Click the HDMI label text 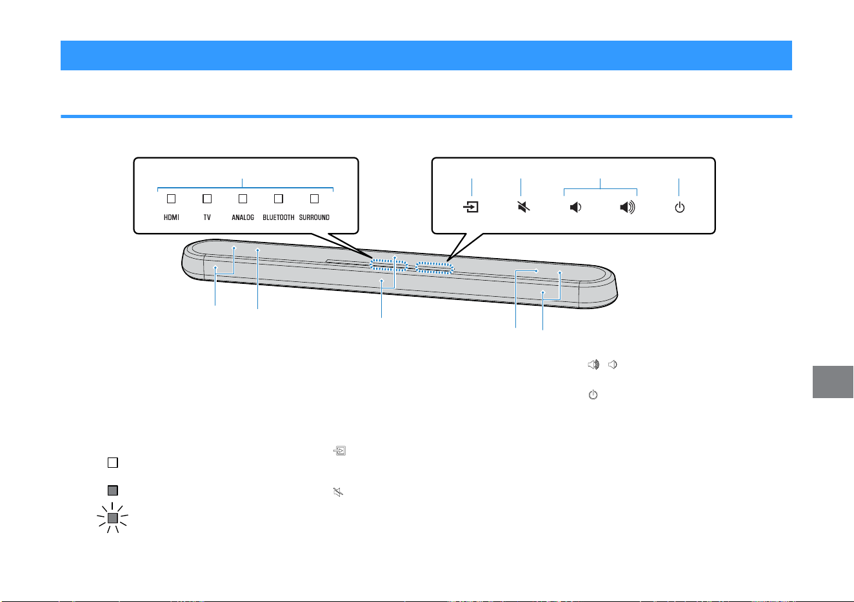(171, 217)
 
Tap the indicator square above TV (207, 199)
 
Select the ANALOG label (243, 217)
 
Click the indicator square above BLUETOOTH (279, 199)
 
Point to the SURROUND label (314, 217)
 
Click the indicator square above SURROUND (315, 199)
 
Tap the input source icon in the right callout (471, 207)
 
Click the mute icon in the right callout (524, 207)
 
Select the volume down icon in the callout (576, 207)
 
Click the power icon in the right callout (680, 208)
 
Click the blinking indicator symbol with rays (112, 517)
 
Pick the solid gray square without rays (113, 490)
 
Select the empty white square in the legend (113, 463)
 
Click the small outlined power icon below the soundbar (593, 394)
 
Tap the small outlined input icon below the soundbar (339, 451)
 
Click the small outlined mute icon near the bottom (338, 492)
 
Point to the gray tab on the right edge (833, 382)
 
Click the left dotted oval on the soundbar (388, 266)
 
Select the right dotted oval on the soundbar (434, 268)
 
